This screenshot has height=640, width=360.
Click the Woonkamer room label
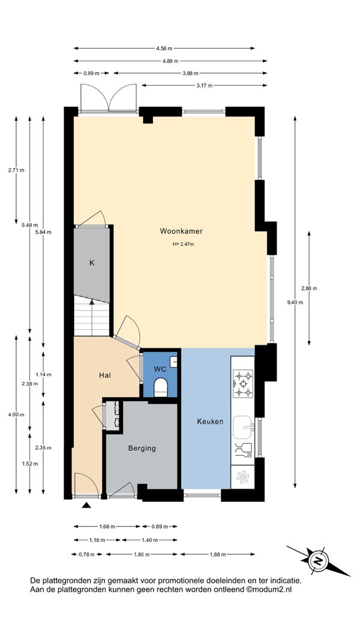pyautogui.click(x=181, y=231)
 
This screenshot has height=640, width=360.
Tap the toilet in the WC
pyautogui.click(x=161, y=387)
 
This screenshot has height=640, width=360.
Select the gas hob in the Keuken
pyautogui.click(x=242, y=383)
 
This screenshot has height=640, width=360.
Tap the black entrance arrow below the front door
pyautogui.click(x=86, y=506)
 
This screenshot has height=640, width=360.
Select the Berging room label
pyautogui.click(x=142, y=448)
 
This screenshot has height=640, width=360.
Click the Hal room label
pyautogui.click(x=105, y=375)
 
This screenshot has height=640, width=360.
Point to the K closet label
pyautogui.click(x=92, y=263)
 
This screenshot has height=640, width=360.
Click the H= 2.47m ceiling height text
pyautogui.click(x=183, y=244)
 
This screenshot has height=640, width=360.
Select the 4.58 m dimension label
pyautogui.click(x=164, y=48)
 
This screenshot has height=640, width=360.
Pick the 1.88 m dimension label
pyautogui.click(x=217, y=554)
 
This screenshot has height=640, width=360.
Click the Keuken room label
pyautogui.click(x=210, y=421)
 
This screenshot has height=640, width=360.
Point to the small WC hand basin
pyautogui.click(x=174, y=361)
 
